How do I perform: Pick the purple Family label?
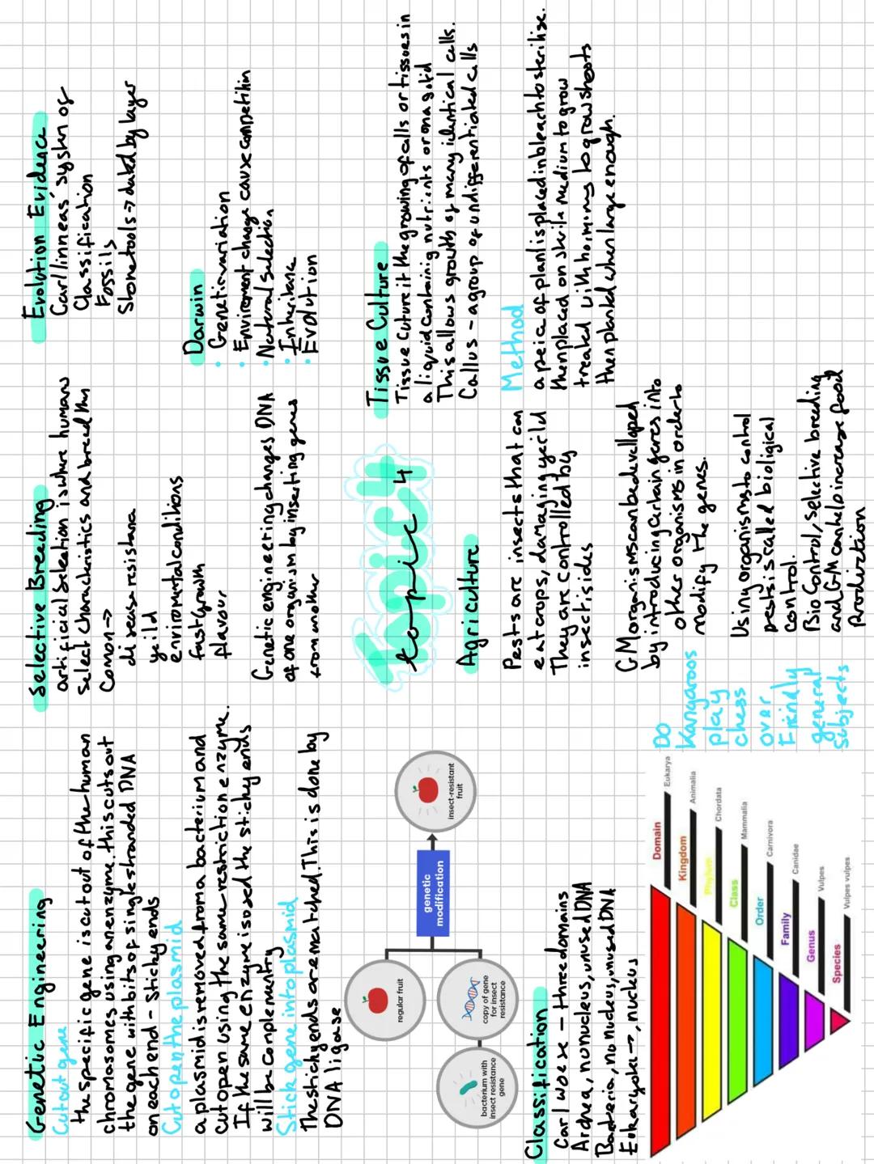(784, 928)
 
